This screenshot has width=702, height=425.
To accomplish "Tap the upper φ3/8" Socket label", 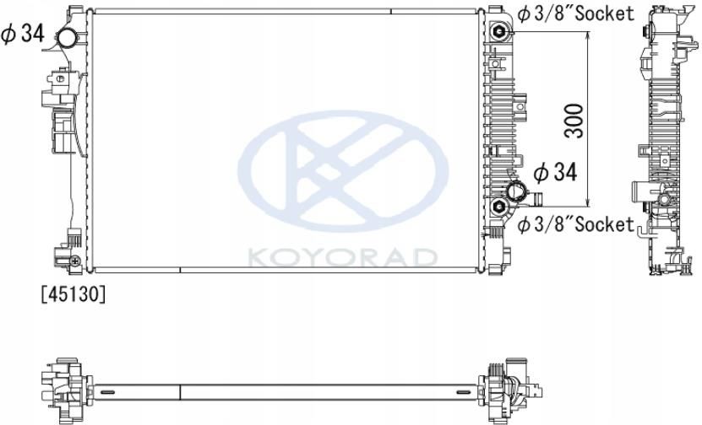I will click(575, 13).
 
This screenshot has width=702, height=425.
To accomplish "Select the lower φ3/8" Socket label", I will click(575, 224).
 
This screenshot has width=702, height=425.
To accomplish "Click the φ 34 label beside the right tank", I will click(555, 173).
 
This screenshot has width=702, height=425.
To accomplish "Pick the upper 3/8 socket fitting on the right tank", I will click(501, 33).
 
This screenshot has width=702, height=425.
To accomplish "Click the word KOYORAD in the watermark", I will click(343, 256).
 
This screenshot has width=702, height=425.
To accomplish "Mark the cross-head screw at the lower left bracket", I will click(76, 261).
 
